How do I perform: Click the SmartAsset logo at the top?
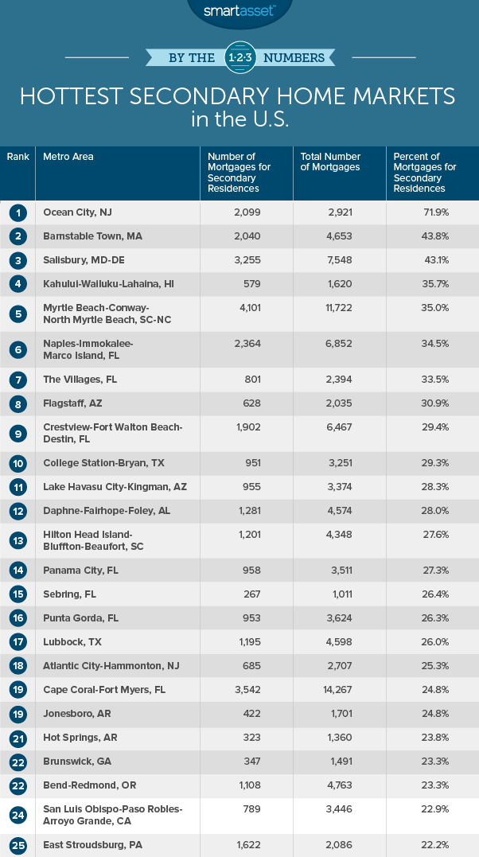(239, 10)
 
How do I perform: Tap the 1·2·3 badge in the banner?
(239, 57)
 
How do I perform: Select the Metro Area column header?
(68, 157)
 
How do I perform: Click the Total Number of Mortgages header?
(330, 162)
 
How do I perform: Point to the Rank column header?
(18, 157)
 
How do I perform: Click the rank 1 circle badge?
(18, 212)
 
